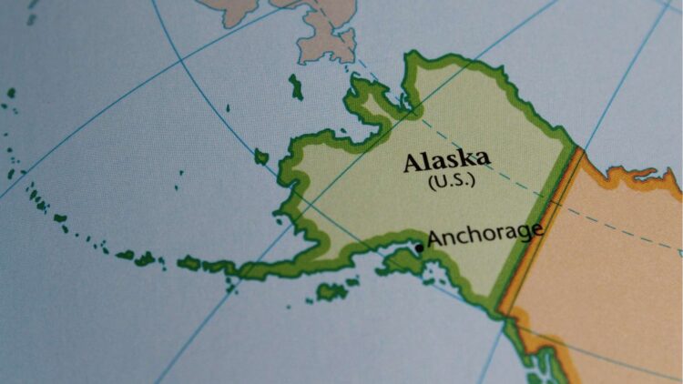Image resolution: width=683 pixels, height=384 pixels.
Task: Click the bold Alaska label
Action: pyautogui.click(x=446, y=160)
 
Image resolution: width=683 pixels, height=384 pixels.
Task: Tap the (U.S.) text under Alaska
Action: pyautogui.click(x=451, y=180)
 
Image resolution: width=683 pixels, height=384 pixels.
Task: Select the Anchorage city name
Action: pyautogui.click(x=484, y=234)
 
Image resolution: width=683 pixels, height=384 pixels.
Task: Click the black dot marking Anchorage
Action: pyautogui.click(x=419, y=247)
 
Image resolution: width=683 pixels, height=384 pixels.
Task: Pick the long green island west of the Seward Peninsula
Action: pyautogui.click(x=296, y=87)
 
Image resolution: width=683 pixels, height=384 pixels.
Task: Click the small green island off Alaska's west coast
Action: pyautogui.click(x=261, y=157)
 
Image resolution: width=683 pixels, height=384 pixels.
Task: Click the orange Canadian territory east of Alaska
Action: pyautogui.click(x=610, y=264)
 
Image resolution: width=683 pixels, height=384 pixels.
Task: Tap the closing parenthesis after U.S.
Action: pyautogui.click(x=472, y=180)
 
